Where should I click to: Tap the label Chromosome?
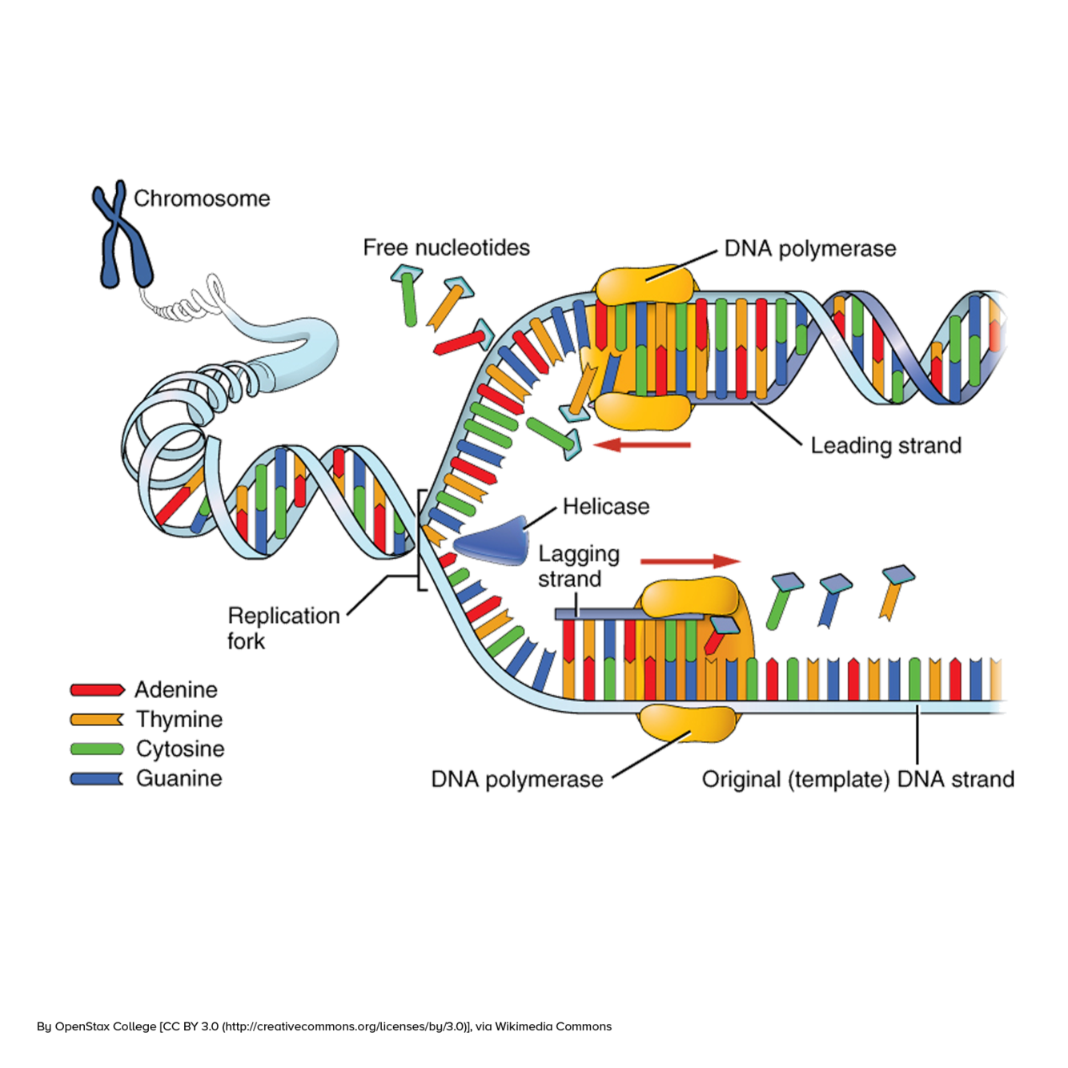(202, 199)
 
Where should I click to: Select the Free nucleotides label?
(447, 247)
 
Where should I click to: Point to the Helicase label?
(606, 506)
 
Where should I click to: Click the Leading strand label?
(886, 445)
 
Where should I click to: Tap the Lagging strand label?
(578, 566)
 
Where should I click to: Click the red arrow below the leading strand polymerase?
(644, 444)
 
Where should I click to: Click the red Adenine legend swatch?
(97, 689)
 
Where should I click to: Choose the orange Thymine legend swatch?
(97, 719)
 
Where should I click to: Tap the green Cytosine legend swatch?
(97, 749)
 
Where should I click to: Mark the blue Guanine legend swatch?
(97, 778)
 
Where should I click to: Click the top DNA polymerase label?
(809, 249)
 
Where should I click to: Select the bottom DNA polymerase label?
(517, 779)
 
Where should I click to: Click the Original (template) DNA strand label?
(857, 779)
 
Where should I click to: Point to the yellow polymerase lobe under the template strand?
(689, 724)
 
